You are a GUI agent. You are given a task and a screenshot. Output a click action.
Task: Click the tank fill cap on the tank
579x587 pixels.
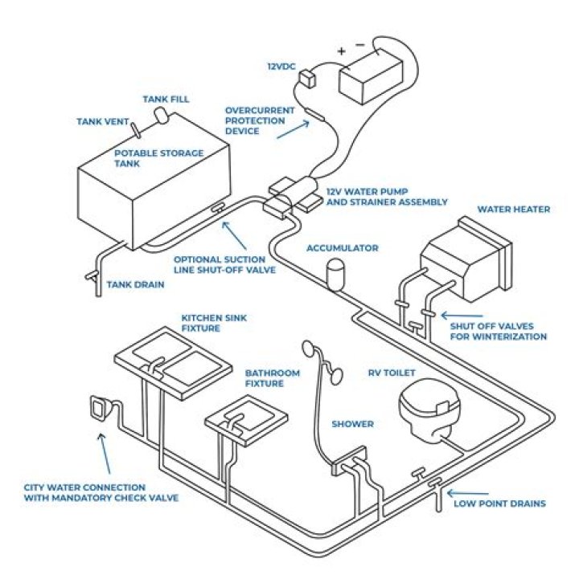click(x=162, y=115)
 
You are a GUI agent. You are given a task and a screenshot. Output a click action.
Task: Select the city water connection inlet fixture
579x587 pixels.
click(x=100, y=409)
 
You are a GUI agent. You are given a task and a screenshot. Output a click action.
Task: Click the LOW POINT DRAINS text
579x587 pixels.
click(x=499, y=503)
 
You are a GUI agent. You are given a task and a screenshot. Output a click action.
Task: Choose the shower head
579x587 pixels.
click(x=306, y=348)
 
